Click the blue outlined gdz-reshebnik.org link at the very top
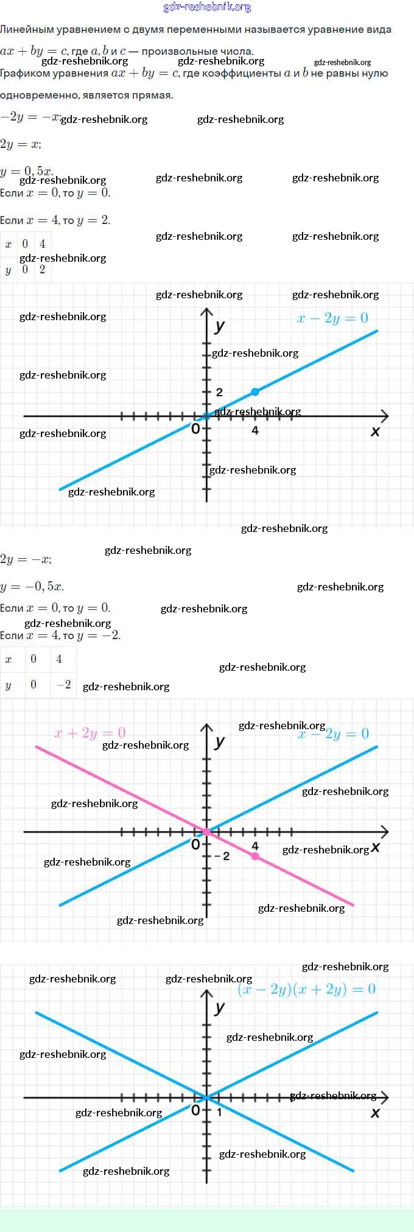click(x=207, y=7)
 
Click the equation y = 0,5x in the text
click(x=27, y=171)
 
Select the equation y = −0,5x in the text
click(x=32, y=587)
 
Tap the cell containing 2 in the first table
click(x=42, y=270)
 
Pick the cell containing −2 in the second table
click(x=63, y=685)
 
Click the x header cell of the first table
click(x=9, y=245)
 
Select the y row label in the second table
click(x=9, y=685)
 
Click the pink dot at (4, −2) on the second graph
click(x=255, y=856)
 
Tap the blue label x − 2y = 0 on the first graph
click(x=332, y=318)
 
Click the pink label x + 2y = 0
click(x=90, y=733)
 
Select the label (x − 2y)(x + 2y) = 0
click(x=306, y=989)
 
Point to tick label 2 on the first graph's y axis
click(x=220, y=393)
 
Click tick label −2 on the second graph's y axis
click(x=223, y=856)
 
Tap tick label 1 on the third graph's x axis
click(x=220, y=1111)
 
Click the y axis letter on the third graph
click(x=220, y=1008)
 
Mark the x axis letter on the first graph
click(x=375, y=432)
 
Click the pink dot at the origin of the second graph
click(x=207, y=831)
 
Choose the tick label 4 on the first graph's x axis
click(x=255, y=430)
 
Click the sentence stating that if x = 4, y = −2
click(x=60, y=635)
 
